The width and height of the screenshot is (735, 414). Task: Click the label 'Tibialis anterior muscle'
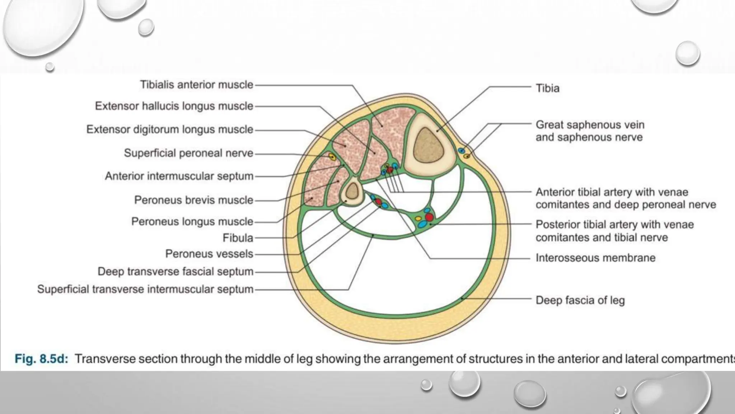pyautogui.click(x=196, y=85)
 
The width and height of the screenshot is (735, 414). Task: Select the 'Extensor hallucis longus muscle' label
pyautogui.click(x=174, y=106)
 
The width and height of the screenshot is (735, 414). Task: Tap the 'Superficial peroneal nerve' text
pyautogui.click(x=188, y=153)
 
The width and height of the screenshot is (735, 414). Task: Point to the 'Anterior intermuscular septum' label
pyautogui.click(x=179, y=176)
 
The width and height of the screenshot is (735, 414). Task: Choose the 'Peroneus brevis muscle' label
pyautogui.click(x=194, y=200)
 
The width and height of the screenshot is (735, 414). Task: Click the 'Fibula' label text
pyautogui.click(x=238, y=238)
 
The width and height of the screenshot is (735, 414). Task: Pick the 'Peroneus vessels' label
pyautogui.click(x=209, y=254)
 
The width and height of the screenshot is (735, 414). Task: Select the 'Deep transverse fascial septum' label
pyautogui.click(x=175, y=272)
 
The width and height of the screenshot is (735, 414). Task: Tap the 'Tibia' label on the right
pyautogui.click(x=547, y=88)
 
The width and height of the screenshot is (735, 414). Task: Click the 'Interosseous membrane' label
pyautogui.click(x=595, y=258)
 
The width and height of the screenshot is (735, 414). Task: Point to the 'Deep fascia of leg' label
pyautogui.click(x=580, y=300)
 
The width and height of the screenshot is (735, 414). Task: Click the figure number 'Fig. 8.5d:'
pyautogui.click(x=41, y=359)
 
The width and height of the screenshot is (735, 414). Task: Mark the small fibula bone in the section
pyautogui.click(x=352, y=191)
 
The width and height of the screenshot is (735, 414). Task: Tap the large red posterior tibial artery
pyautogui.click(x=429, y=217)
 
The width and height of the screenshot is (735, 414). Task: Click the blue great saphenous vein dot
pyautogui.click(x=462, y=151)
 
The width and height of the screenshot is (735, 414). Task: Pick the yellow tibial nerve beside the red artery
pyautogui.click(x=418, y=218)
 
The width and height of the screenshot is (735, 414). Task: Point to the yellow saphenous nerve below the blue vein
pyautogui.click(x=467, y=156)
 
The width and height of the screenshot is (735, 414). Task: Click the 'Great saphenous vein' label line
pyautogui.click(x=590, y=125)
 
